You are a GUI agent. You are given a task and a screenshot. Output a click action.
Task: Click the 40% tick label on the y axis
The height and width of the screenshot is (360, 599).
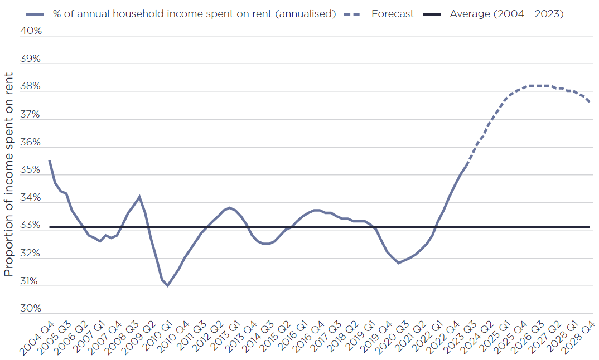coord(31,31)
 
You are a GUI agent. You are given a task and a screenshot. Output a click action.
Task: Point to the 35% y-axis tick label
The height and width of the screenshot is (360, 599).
coord(31,170)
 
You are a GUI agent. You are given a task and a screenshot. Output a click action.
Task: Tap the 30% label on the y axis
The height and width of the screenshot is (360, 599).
coord(31,309)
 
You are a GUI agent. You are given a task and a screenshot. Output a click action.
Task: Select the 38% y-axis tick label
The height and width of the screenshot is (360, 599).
coord(31,86)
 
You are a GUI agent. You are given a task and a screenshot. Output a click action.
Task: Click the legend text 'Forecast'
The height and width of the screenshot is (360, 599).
coord(393,14)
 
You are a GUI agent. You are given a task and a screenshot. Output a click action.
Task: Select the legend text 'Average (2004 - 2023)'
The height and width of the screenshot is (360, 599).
coord(506,14)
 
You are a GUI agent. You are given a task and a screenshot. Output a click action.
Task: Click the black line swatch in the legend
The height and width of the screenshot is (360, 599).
coord(433,14)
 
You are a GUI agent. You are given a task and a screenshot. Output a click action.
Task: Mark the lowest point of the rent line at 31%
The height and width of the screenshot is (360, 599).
coord(167,285)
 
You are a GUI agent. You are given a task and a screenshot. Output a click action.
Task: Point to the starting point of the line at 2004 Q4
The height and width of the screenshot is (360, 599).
coord(50,160)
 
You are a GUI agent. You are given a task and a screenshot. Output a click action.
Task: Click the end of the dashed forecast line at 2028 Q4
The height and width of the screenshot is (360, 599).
coord(590,101)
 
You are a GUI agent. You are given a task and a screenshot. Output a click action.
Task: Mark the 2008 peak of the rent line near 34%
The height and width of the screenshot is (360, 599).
coord(139,196)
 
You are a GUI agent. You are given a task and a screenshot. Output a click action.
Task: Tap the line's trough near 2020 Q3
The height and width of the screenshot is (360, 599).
coord(398,262)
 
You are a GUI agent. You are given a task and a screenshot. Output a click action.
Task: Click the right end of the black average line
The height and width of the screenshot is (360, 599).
coord(590,227)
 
